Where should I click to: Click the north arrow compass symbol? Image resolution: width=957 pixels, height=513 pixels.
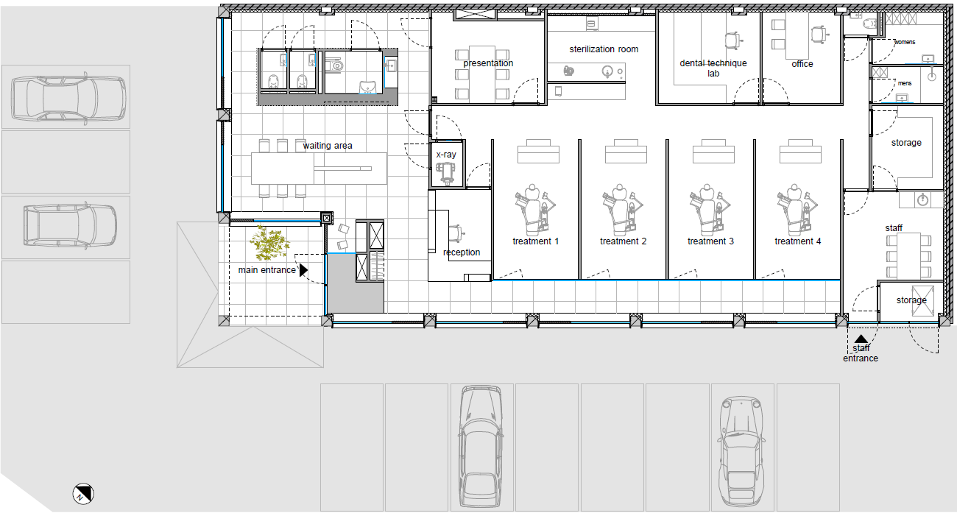coord(83,494)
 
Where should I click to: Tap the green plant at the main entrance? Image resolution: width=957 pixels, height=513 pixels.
coord(269,243)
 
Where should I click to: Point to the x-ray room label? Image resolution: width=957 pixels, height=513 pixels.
coord(446,155)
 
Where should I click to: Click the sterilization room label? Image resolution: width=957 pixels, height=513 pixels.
coord(604,49)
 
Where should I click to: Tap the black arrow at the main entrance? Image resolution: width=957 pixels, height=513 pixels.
coord(303,270)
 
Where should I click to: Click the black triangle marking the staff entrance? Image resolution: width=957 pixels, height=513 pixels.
coord(861,339)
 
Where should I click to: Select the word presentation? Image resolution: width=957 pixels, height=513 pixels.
coord(488,63)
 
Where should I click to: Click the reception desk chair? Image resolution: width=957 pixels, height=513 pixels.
coord(456,233)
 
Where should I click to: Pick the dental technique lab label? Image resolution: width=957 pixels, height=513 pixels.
coord(713,68)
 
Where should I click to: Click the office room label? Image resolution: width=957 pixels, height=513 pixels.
coord(802,64)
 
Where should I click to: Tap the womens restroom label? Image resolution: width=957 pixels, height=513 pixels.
coord(905,42)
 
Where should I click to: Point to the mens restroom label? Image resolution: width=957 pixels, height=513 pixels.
coord(905,83)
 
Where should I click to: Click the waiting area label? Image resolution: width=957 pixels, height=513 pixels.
coord(328,146)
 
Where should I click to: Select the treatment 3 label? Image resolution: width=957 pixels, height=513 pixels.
coord(710,241)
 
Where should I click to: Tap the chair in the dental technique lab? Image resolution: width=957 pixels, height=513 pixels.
coord(733,40)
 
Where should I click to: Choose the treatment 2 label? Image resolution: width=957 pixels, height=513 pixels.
coord(623,241)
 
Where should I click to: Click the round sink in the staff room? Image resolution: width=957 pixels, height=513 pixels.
coord(922,200)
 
